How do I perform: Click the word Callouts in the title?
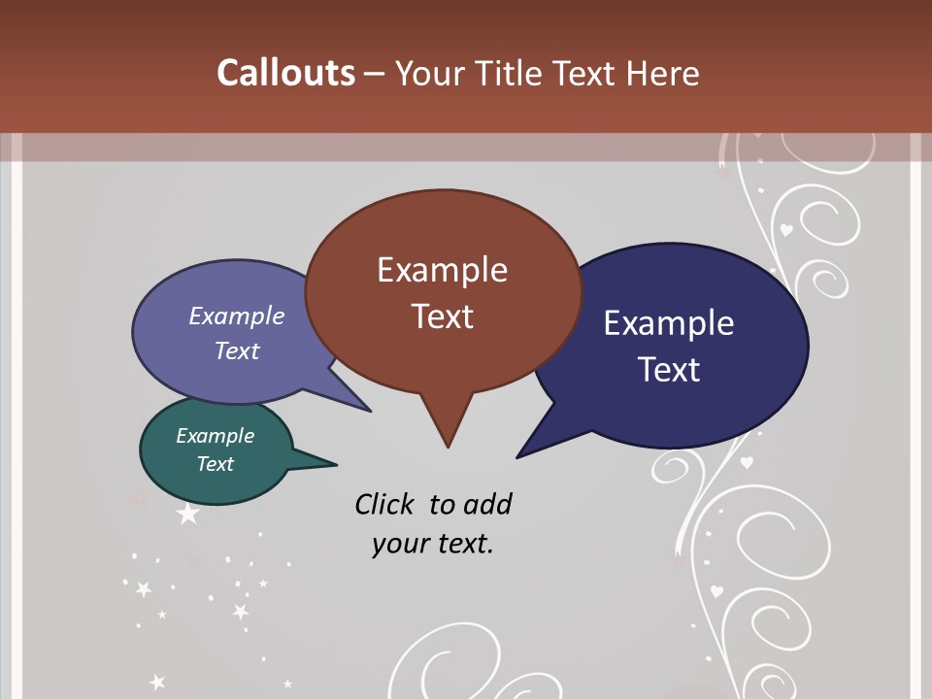285,74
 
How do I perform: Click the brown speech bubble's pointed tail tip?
448,447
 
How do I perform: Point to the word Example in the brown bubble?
442,270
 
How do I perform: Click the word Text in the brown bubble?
442,316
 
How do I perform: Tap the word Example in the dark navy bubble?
669,323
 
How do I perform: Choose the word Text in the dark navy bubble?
669,370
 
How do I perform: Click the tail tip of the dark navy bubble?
517,457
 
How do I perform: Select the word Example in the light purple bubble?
237,316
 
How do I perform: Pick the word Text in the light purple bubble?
237,350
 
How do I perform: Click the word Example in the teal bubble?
215,436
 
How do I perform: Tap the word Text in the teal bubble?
215,464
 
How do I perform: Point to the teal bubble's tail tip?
336,463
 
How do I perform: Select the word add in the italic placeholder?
487,505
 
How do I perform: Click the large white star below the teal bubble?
187,514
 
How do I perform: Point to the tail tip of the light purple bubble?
370,411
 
